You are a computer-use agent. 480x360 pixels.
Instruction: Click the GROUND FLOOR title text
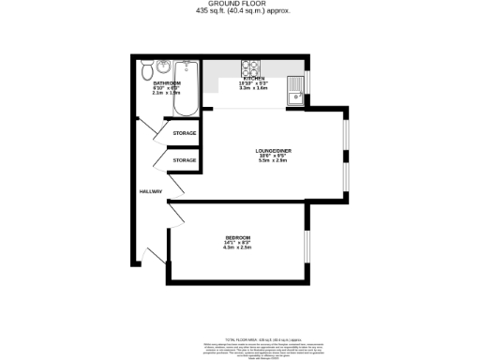[240, 5]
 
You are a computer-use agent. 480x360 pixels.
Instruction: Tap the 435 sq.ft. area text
[240, 12]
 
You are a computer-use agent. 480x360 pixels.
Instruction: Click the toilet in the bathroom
[146, 71]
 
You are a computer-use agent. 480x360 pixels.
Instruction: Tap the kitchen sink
[294, 90]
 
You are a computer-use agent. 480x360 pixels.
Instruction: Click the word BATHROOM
[166, 82]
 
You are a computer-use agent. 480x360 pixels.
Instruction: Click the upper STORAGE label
[185, 134]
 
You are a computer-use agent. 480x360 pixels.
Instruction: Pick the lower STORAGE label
[185, 160]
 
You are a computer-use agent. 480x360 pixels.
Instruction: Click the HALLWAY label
[150, 192]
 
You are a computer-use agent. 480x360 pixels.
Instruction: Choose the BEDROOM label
[239, 236]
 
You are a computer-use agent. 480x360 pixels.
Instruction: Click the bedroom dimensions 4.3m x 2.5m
[239, 247]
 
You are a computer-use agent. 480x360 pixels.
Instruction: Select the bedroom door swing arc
[173, 218]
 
